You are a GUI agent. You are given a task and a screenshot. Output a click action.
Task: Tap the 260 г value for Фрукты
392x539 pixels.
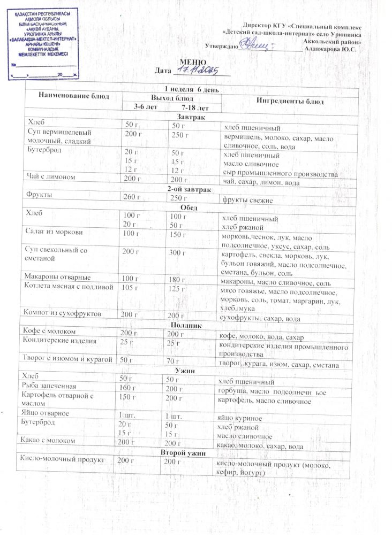tap(131, 198)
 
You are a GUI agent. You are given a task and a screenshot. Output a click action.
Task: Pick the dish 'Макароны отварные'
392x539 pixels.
tap(57, 278)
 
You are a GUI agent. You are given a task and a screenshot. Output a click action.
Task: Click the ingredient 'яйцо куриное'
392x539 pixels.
tap(238, 418)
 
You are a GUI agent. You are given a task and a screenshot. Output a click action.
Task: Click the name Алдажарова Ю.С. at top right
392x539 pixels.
tap(330, 50)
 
